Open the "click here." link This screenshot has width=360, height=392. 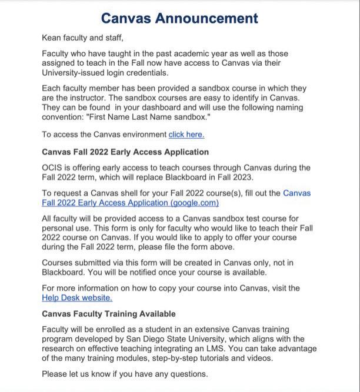tap(186, 135)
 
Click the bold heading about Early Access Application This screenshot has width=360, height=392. tap(125, 152)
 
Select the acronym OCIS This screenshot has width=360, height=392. tap(52, 167)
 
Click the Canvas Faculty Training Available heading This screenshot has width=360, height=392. tap(108, 314)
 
